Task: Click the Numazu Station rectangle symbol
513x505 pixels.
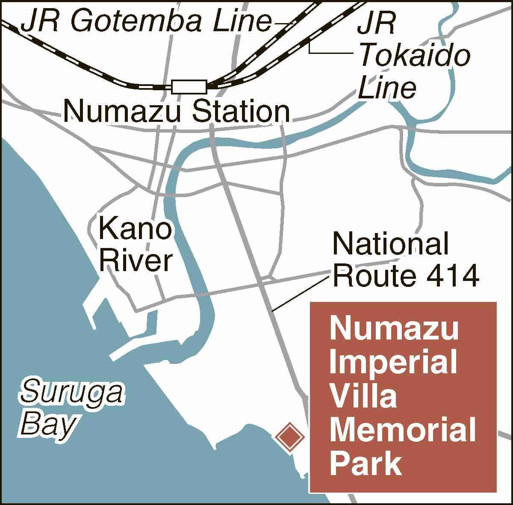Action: pyautogui.click(x=189, y=86)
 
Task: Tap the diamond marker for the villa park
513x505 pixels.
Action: pyautogui.click(x=289, y=437)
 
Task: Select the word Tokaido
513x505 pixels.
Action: pyautogui.click(x=414, y=56)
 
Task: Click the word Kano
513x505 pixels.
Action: pyautogui.click(x=135, y=228)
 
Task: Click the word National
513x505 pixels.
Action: pyautogui.click(x=391, y=244)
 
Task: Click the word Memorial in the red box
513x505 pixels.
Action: pyautogui.click(x=403, y=430)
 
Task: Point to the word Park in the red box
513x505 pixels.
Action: pyautogui.click(x=366, y=464)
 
